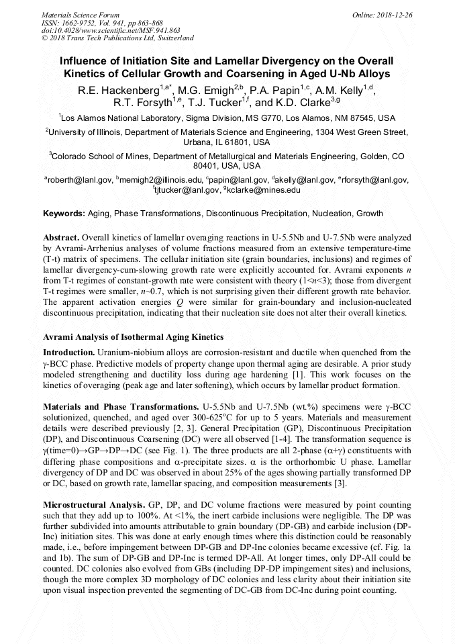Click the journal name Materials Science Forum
point(81,14)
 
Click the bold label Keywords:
point(64,214)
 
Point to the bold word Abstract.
point(61,238)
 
